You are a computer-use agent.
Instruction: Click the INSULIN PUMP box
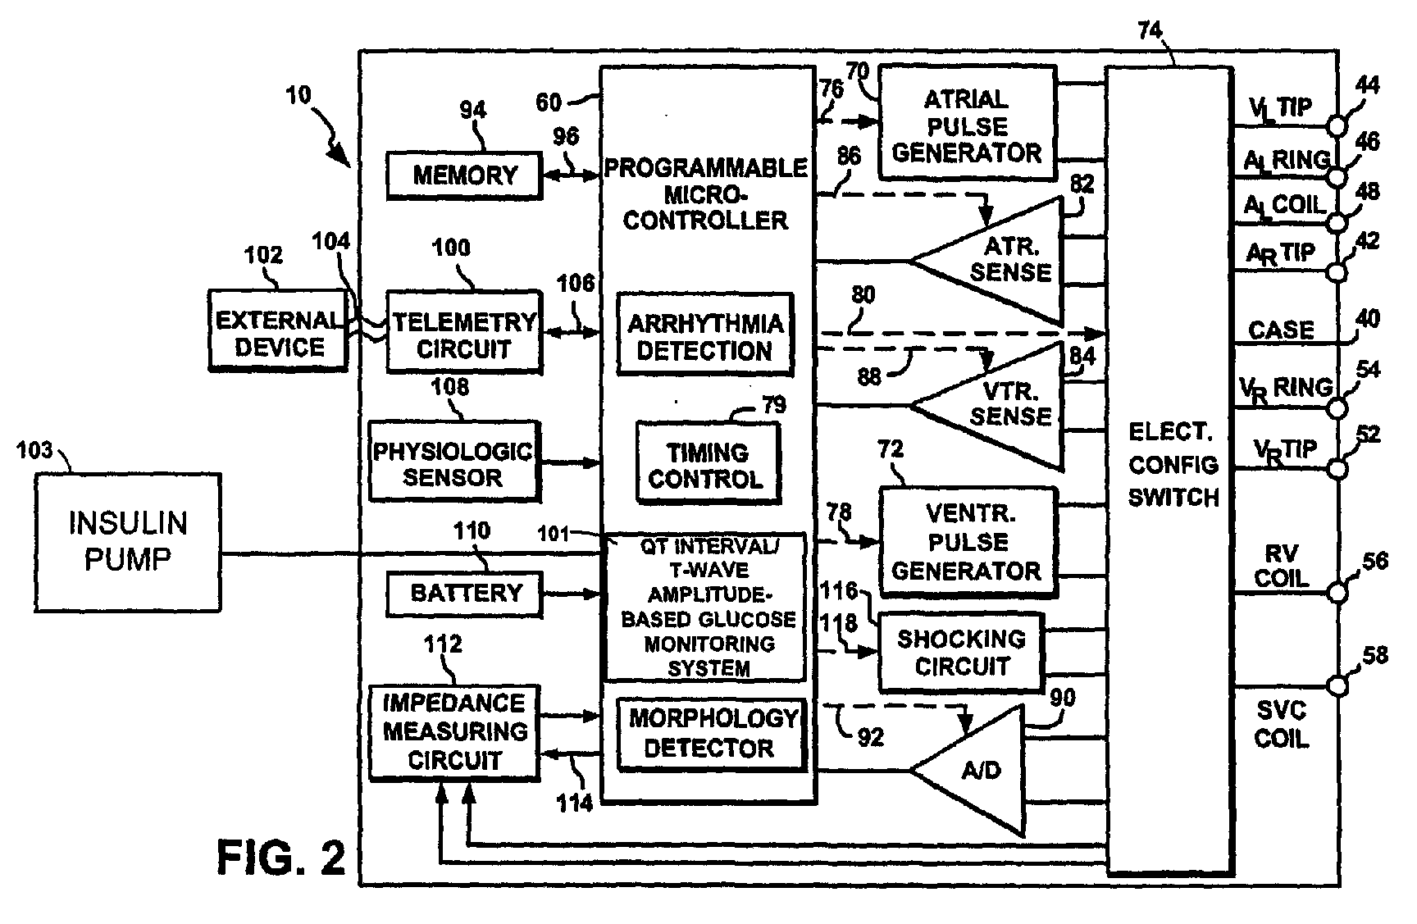[x=127, y=542]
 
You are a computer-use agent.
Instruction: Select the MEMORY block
[x=464, y=175]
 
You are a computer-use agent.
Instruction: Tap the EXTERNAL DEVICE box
[x=277, y=330]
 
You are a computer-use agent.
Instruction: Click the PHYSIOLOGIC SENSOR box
[x=453, y=462]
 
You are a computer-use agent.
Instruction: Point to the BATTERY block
[x=464, y=594]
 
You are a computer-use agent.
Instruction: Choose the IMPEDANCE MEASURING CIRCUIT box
[x=454, y=731]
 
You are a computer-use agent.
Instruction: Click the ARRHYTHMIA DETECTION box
[x=705, y=335]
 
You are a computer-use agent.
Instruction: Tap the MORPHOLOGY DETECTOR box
[x=710, y=734]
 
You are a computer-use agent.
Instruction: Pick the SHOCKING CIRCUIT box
[x=961, y=653]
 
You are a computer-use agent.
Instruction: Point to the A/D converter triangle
[x=968, y=770]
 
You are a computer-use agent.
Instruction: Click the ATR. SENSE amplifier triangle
[x=987, y=262]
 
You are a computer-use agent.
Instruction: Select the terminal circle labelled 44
[x=1338, y=126]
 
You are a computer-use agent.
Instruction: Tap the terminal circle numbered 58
[x=1338, y=685]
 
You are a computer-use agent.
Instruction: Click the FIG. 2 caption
[x=281, y=858]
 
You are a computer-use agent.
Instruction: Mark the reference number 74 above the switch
[x=1150, y=30]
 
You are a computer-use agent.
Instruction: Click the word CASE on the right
[x=1281, y=330]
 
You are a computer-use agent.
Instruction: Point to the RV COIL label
[x=1281, y=566]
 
